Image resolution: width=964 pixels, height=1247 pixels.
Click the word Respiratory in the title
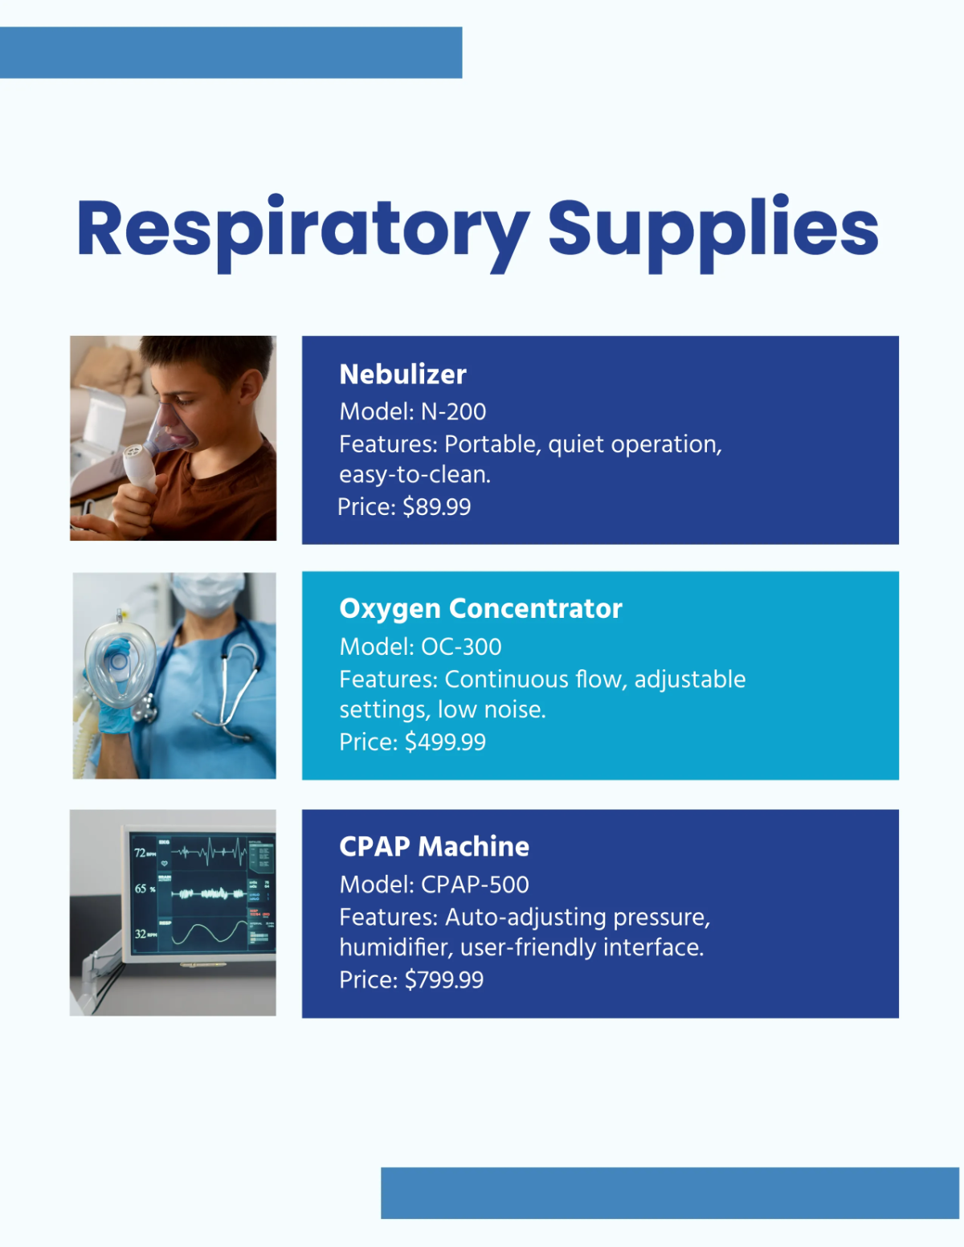pos(303,229)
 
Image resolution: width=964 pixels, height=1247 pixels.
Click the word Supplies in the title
pos(713,229)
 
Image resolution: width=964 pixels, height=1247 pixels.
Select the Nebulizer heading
pos(402,374)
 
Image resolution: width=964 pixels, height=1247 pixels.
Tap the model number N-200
pos(453,411)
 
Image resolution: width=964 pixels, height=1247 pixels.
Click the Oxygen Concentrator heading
pos(480,608)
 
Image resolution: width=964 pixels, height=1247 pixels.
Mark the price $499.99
pos(445,742)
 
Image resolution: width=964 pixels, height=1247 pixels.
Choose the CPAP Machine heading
pos(434,846)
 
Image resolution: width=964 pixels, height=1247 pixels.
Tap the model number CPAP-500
pos(475,885)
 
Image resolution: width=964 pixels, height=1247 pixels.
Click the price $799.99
pos(443,979)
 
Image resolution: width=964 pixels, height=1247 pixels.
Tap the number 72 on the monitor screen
pos(140,852)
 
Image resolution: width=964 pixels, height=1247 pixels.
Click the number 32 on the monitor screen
pos(140,934)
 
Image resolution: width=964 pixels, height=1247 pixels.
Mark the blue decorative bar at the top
pos(231,52)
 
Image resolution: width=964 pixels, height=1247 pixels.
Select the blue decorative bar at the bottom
pos(669,1192)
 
